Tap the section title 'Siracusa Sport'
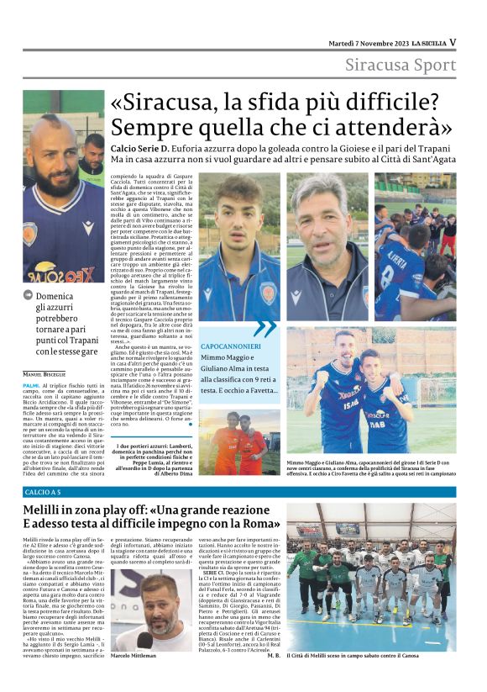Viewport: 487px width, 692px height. (401, 66)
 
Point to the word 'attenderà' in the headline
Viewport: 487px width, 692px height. (401, 128)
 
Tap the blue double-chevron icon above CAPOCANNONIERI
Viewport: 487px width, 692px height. (264, 328)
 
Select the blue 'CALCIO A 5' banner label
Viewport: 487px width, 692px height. (43, 491)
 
